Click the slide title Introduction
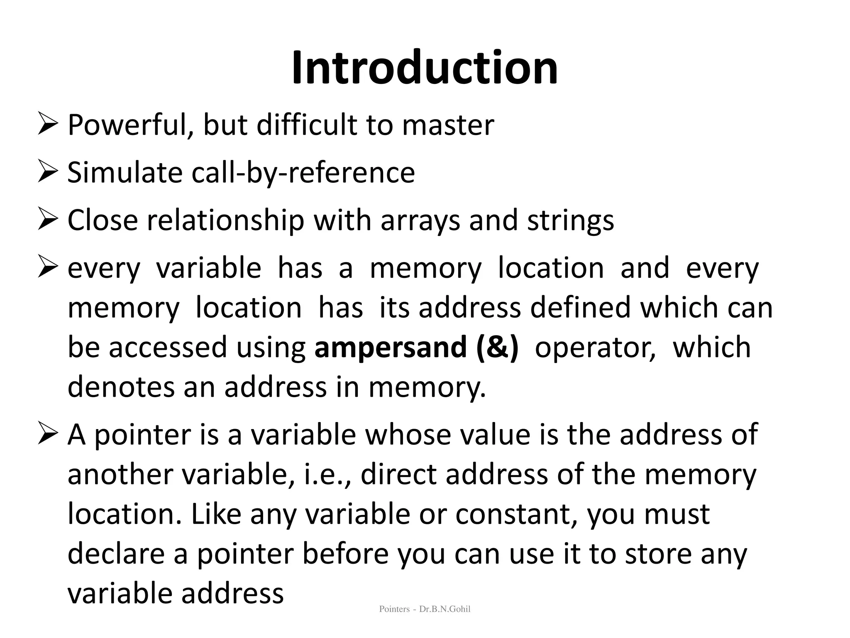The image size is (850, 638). coord(425,68)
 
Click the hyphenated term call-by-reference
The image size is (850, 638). coord(303,172)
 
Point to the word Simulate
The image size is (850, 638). coord(125,172)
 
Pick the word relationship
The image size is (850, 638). coord(226,220)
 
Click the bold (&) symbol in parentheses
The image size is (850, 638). coord(498,347)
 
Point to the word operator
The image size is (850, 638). coord(595,347)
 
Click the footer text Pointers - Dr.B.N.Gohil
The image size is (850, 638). coord(425,609)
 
